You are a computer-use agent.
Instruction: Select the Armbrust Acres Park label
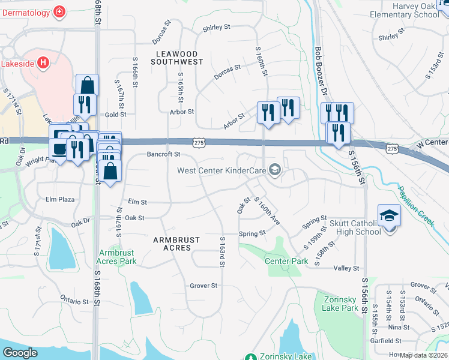click(118, 257)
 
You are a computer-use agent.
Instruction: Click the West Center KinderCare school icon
click(276, 170)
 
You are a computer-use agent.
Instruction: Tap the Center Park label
click(286, 261)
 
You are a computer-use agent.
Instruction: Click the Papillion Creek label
click(416, 205)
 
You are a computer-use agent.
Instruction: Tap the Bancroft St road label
click(164, 154)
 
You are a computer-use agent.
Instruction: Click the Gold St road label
click(116, 114)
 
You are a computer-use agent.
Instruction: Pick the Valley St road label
click(346, 268)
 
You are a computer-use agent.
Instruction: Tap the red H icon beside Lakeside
click(43, 62)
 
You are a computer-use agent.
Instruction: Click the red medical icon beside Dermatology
click(59, 11)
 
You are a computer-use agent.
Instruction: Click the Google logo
click(20, 353)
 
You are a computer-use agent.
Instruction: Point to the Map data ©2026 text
click(423, 355)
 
